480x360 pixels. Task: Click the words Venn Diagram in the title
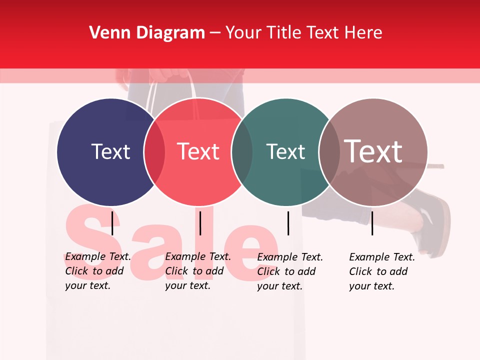[147, 33]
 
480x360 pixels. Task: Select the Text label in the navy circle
[110, 151]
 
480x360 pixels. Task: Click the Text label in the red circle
[198, 151]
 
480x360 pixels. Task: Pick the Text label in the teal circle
[285, 151]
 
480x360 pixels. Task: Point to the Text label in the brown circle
[373, 151]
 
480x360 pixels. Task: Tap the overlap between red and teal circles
[242, 152]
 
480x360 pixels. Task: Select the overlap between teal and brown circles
[328, 152]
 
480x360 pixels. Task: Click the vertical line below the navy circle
[112, 223]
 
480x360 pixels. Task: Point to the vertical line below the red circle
[200, 223]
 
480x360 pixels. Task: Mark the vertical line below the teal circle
[288, 223]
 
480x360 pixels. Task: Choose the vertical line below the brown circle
[372, 223]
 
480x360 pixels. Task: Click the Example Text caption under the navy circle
[97, 271]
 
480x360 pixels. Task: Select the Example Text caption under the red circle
[197, 271]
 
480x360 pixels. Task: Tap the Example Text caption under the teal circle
[289, 271]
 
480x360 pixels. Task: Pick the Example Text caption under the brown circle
[381, 271]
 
